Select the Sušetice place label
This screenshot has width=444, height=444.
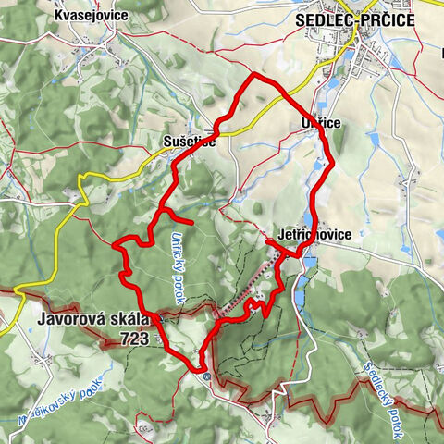click(x=189, y=142)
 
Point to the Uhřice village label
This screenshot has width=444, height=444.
click(x=309, y=123)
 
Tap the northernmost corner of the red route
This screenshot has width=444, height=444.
click(x=253, y=73)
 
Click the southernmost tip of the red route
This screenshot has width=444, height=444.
click(x=201, y=372)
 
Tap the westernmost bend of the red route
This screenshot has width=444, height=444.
click(x=114, y=245)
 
